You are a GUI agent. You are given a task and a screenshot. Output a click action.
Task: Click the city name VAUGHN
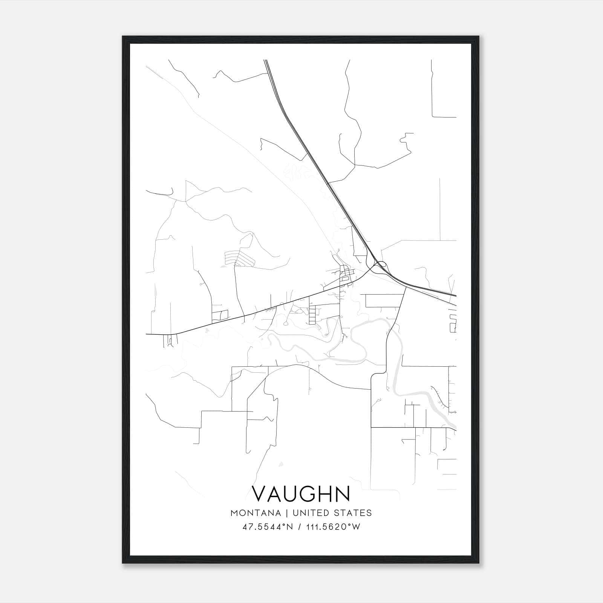point(301,494)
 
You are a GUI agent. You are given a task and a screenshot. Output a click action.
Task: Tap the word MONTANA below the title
point(256,513)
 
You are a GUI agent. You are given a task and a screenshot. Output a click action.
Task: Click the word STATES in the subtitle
point(353,513)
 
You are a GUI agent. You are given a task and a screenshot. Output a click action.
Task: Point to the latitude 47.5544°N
point(267,527)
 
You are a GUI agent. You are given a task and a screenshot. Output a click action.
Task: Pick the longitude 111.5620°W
point(333,527)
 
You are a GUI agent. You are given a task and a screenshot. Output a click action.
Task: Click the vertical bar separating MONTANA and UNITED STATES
point(286,513)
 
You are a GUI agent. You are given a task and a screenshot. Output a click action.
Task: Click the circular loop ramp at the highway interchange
point(381,264)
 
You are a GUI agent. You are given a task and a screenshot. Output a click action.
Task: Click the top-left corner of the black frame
point(123,37)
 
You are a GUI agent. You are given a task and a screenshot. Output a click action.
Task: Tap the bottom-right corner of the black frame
point(479,563)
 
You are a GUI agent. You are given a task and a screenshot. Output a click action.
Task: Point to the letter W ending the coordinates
point(356,527)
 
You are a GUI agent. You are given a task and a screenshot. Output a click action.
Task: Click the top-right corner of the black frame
point(479,37)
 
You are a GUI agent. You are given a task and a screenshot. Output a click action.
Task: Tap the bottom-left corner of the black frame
point(123,563)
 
